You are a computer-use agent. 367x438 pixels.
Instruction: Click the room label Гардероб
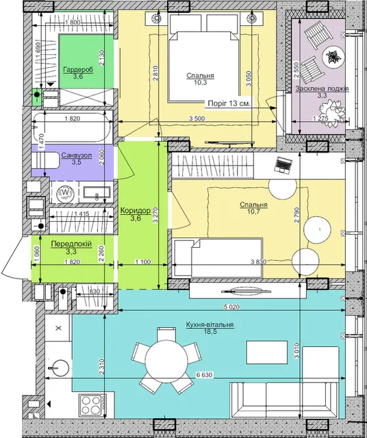pos(78,70)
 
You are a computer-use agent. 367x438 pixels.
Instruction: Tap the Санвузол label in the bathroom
pos(76,155)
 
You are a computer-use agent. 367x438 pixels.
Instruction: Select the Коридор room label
pos(136,211)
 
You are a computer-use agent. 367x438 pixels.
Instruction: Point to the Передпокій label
pos(71,244)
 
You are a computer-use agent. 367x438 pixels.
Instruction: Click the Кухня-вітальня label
pos(210,325)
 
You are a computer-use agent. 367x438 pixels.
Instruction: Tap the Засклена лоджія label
pos(322,89)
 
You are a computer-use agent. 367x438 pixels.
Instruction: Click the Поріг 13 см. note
pos(229,103)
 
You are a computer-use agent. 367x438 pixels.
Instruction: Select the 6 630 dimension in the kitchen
pos(204,375)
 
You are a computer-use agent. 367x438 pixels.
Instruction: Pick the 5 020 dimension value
pos(231,307)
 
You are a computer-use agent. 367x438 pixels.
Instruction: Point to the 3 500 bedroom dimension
pos(197,118)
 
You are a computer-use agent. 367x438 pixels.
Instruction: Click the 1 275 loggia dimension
pos(320,118)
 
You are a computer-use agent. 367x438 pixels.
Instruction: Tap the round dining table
pos(166,361)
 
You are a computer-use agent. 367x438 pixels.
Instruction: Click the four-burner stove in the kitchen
pos(90,405)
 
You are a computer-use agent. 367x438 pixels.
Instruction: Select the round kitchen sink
pos(60,368)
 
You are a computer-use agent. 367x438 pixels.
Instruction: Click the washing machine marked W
pos(64,192)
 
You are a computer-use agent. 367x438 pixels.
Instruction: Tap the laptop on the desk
pos(283,165)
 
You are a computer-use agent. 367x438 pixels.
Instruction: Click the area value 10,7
pos(253,211)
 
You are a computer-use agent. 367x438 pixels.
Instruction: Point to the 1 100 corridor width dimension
pos(143,262)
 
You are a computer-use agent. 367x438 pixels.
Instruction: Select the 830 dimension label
pos(94,292)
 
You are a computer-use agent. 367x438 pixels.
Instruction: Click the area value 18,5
pos(210,331)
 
